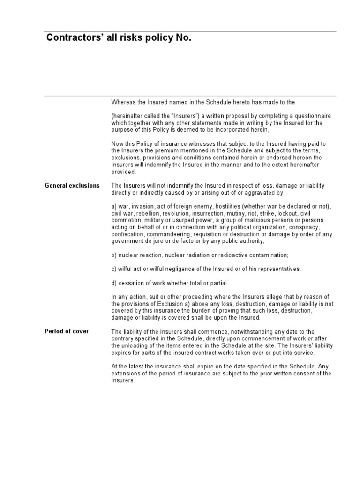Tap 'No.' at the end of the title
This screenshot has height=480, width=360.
(183, 39)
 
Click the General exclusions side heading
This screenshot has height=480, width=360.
(72, 186)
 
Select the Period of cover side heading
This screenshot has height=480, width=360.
(67, 331)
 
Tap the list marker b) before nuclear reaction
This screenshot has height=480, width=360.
(114, 255)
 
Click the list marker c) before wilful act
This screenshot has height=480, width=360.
(114, 269)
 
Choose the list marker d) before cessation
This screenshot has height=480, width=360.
(114, 283)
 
